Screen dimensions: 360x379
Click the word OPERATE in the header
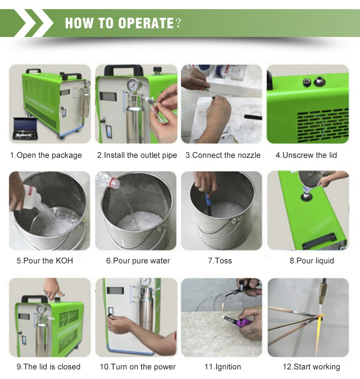146,23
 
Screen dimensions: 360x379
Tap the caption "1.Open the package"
46,155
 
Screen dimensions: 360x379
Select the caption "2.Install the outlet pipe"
137,155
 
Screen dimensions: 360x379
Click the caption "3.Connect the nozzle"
223,155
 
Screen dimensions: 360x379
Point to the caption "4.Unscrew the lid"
306,155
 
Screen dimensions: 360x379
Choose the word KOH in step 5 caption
64,261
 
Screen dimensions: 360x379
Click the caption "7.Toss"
220,261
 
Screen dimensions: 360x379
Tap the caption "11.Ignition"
223,367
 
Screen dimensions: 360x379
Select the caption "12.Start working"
312,367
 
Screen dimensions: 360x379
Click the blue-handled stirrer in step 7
208,202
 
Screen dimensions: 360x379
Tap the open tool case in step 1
25,129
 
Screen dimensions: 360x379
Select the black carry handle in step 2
123,70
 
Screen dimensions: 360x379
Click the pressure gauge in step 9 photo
41,309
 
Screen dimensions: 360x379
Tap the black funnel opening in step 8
307,196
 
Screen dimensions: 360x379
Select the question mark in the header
178,23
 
